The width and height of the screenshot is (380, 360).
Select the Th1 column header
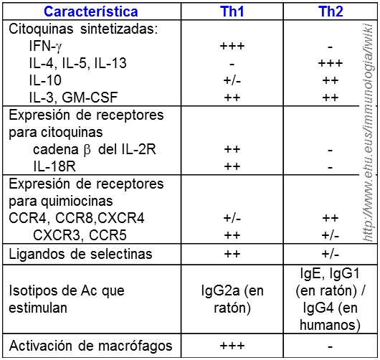coord(232,11)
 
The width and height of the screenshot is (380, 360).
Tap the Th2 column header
coord(330,11)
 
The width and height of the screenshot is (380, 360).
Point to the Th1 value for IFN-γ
coord(232,46)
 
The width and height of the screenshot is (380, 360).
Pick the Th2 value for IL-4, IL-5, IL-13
coord(330,63)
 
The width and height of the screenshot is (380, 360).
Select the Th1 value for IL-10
coord(232,80)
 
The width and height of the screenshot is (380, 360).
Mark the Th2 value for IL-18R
coord(330,166)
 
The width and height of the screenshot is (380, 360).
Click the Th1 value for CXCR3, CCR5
coord(232,235)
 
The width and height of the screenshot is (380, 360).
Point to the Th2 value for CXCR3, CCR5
coord(330,235)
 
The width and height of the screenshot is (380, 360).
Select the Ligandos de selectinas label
coord(80,254)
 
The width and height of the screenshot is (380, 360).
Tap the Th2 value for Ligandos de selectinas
coord(330,254)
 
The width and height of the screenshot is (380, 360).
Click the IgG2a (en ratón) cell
coord(232,300)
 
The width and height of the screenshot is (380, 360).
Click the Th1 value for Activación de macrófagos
coord(232,346)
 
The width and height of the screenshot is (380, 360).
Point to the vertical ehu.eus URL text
coord(368,129)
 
